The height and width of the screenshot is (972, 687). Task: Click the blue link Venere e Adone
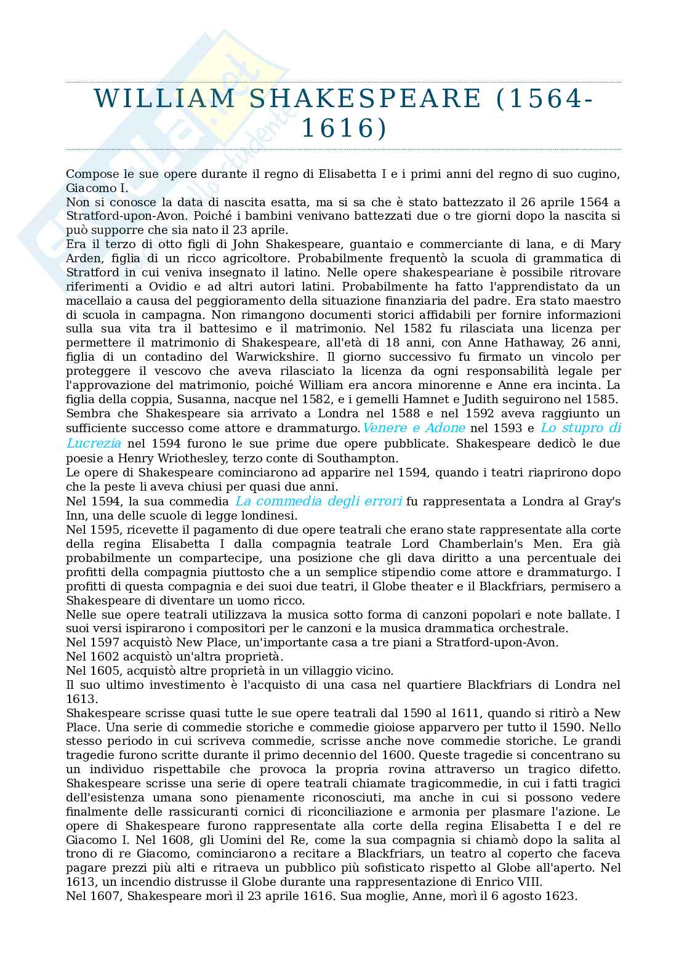(x=414, y=428)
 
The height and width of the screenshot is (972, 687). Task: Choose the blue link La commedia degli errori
(x=319, y=501)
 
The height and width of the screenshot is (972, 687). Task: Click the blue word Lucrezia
(x=94, y=443)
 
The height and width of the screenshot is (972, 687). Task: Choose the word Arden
(x=82, y=259)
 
